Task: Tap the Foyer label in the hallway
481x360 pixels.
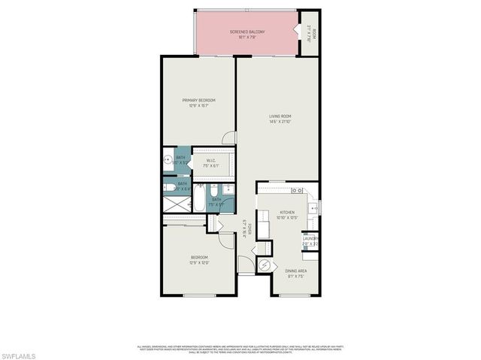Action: [245, 228]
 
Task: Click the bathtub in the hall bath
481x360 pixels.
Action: [200, 199]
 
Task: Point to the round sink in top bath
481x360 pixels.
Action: [168, 160]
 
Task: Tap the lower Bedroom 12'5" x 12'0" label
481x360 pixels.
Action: [198, 259]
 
